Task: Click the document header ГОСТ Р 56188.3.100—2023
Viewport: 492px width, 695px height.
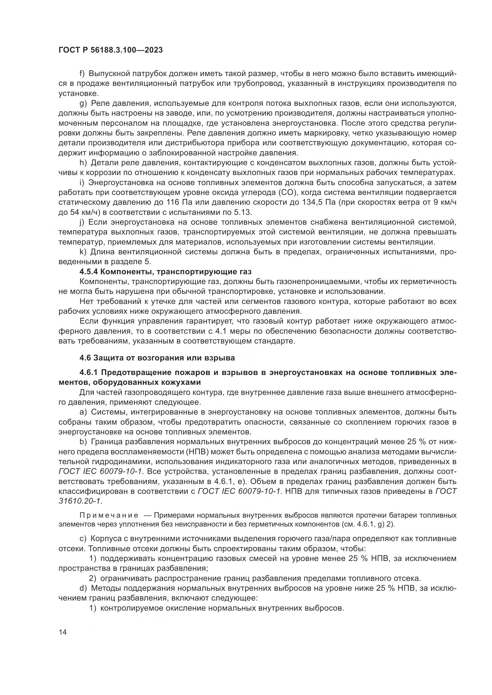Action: (110, 50)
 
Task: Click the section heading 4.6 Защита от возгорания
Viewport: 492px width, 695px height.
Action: (157, 358)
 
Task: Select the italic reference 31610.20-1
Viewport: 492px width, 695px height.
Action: (80, 501)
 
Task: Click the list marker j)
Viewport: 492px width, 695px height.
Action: (82, 222)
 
